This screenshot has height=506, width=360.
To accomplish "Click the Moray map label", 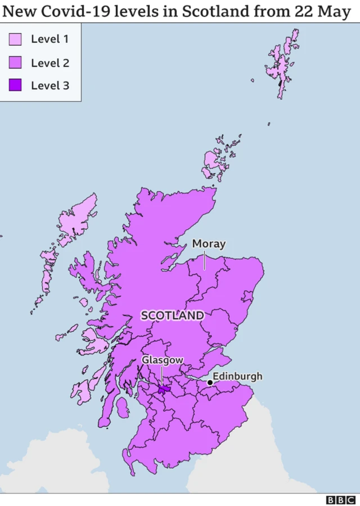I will [x=209, y=243].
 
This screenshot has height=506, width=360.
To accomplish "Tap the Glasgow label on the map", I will [x=162, y=359].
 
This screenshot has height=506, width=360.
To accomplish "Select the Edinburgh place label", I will [x=237, y=376].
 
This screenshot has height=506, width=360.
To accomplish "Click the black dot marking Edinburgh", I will [x=210, y=382].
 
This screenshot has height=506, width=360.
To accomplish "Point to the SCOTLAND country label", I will [x=172, y=315].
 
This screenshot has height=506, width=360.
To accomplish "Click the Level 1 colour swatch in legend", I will [x=15, y=39].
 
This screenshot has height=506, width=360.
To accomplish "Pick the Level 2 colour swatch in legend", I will [x=15, y=62].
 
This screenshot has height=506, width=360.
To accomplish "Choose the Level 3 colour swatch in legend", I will [x=15, y=85].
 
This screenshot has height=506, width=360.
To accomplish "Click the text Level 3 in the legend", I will [x=50, y=85].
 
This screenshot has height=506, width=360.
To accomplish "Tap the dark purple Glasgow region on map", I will [x=164, y=389].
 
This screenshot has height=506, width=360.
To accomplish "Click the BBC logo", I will [x=341, y=499].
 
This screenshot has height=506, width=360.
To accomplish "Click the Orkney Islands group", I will [x=217, y=160].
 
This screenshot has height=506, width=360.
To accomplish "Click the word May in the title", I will [x=336, y=11].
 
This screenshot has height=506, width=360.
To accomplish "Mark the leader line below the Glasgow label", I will [x=162, y=375].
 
